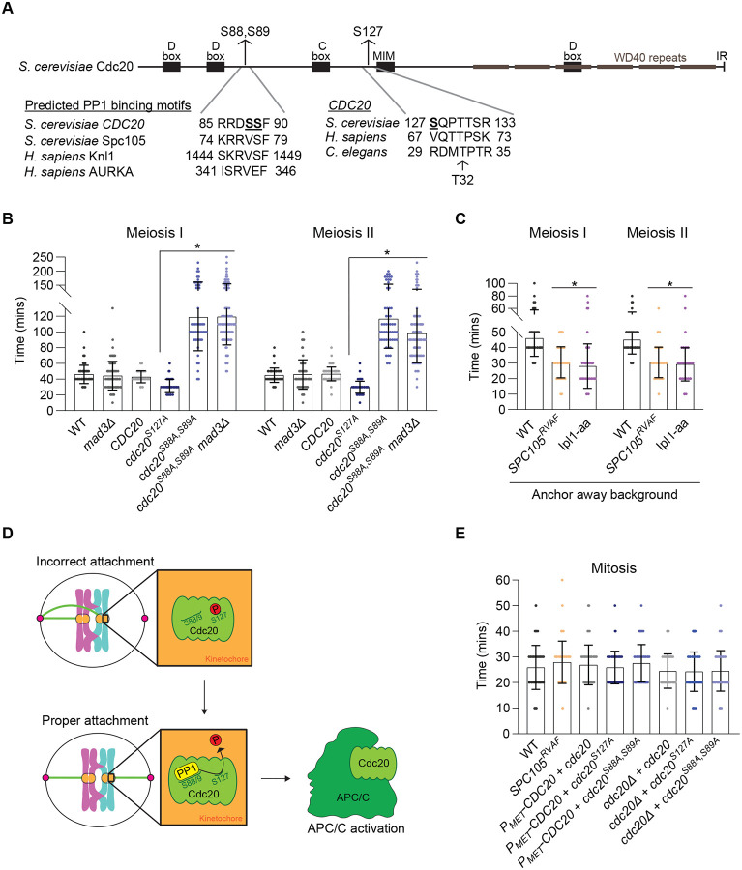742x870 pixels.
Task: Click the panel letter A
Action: (12, 10)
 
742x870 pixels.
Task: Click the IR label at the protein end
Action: (722, 56)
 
